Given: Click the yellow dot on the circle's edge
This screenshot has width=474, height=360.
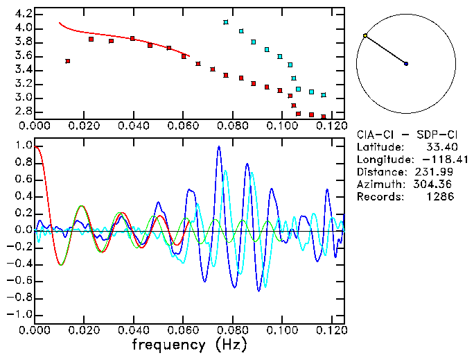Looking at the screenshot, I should [365, 35].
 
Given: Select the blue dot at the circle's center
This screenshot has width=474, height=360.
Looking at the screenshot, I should [406, 64].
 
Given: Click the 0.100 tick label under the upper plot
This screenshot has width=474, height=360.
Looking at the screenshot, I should [281, 126].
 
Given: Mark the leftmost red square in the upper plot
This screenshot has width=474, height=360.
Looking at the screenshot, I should [67, 61].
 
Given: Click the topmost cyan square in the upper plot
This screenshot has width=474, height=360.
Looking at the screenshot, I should [226, 22].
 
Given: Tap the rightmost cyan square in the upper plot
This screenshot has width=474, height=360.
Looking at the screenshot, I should [324, 95].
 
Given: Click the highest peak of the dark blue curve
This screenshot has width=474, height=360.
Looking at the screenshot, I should [219, 147].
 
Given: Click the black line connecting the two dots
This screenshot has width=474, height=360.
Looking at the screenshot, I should [385, 49].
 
